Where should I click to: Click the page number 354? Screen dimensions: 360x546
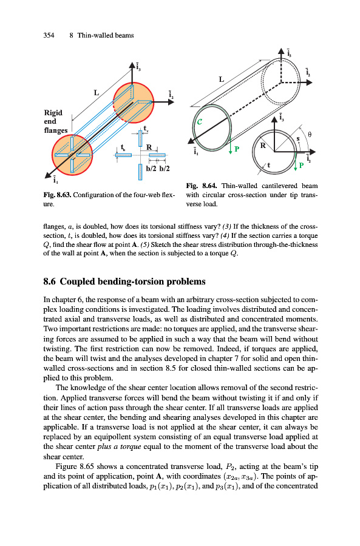[x=49, y=35]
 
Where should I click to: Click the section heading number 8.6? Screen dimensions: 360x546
[x=49, y=281]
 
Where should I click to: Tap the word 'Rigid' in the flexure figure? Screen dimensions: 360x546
[x=53, y=113]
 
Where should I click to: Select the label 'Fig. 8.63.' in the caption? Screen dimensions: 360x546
[x=57, y=195]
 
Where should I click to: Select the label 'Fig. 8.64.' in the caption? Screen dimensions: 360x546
[x=202, y=186]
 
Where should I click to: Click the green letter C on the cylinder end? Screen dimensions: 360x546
[x=199, y=122]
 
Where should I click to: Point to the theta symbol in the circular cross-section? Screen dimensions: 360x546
[x=310, y=134]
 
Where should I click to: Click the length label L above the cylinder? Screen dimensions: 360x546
[x=222, y=79]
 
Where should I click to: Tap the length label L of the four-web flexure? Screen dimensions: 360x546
[x=97, y=93]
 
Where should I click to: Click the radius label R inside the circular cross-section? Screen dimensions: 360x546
[x=263, y=146]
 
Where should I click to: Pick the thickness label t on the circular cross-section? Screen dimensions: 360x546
[x=269, y=166]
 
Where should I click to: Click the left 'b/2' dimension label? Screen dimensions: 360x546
[x=151, y=169]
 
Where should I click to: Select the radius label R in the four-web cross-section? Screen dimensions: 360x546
[x=149, y=147]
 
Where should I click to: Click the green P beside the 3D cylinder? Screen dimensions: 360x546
[x=237, y=149]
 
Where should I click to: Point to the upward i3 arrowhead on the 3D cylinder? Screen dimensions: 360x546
[x=281, y=52]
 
